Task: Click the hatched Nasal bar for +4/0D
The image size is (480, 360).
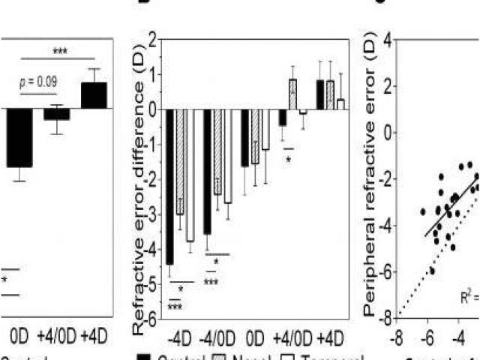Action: pyautogui.click(x=292, y=94)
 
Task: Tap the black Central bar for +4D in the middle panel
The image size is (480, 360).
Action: pyautogui.click(x=320, y=94)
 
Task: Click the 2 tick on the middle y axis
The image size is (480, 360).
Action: pyautogui.click(x=152, y=39)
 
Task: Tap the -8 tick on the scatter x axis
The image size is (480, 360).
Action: pyautogui.click(x=400, y=334)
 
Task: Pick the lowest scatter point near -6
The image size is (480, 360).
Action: pyautogui.click(x=431, y=270)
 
